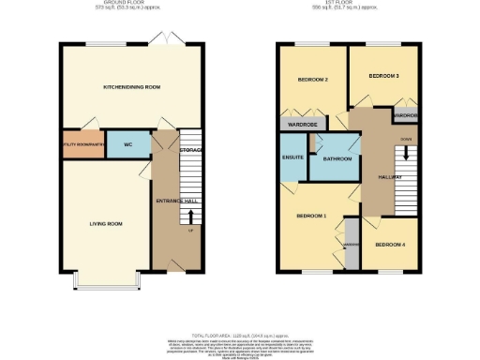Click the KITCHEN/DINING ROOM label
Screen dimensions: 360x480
pos(132,87)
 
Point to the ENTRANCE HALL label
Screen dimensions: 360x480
pos(172,200)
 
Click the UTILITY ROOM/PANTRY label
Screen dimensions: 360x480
pos(82,144)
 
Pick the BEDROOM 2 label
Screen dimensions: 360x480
pos(311,80)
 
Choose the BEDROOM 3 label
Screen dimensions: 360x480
pos(383,75)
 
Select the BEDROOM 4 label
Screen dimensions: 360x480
pos(389,245)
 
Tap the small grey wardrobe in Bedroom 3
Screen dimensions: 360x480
pos(406,115)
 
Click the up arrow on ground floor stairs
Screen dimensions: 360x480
pos(192,216)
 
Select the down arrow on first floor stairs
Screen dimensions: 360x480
pos(406,150)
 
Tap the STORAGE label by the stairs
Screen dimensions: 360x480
pos(192,150)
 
